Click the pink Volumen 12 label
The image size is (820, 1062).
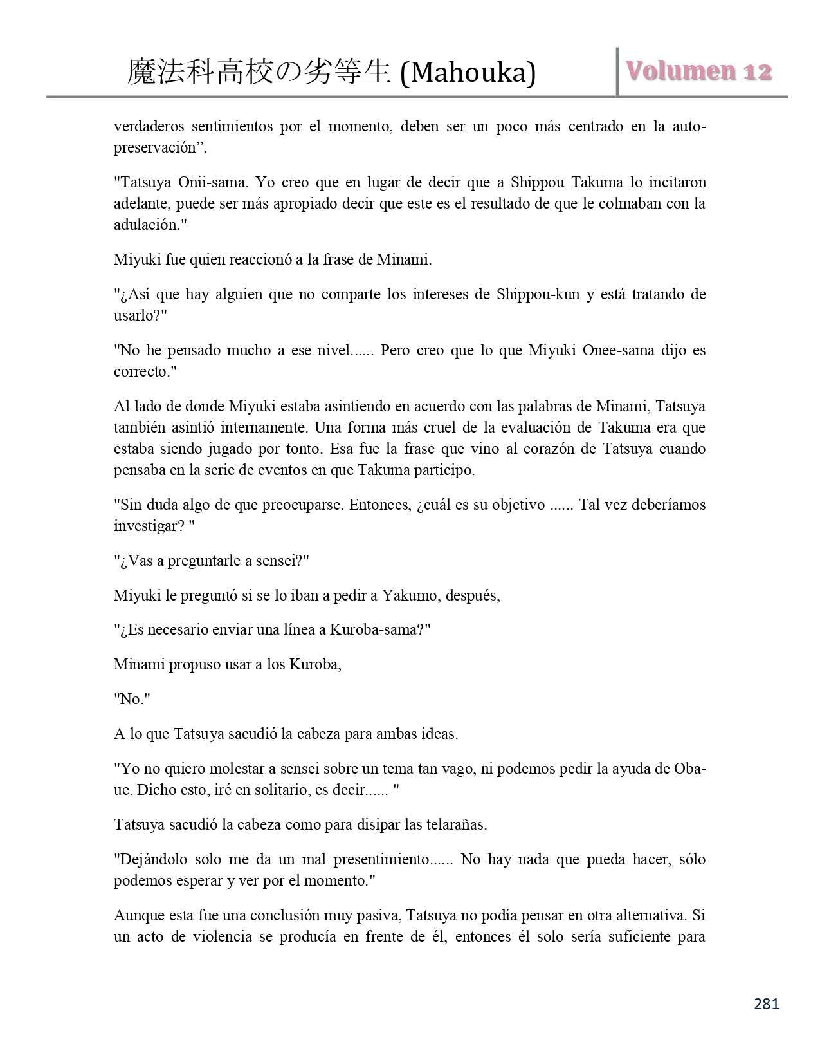[699, 71]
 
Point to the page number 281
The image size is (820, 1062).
[766, 1003]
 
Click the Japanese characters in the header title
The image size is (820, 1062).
[259, 72]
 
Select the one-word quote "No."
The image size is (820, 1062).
[132, 699]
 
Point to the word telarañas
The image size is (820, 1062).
[455, 824]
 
